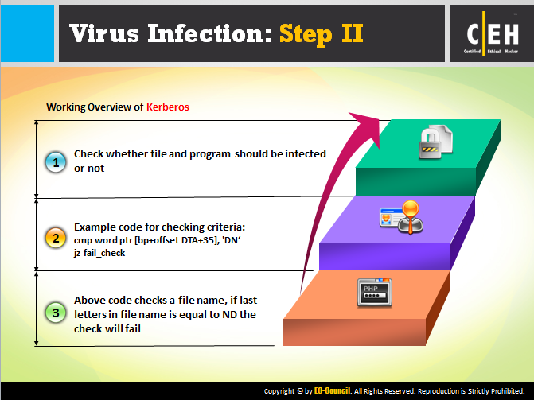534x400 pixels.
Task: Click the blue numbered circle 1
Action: (x=56, y=162)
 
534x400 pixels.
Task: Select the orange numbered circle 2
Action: (x=56, y=238)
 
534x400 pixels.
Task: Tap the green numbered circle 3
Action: (x=56, y=313)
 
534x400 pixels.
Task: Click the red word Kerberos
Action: (x=168, y=107)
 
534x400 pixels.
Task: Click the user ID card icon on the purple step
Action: (x=402, y=217)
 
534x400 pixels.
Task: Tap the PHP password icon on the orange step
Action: (x=375, y=293)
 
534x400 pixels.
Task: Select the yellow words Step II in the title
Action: (x=322, y=34)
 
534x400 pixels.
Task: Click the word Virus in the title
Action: (x=104, y=33)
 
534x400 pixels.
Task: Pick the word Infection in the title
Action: (x=209, y=33)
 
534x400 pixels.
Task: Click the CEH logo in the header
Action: (x=492, y=33)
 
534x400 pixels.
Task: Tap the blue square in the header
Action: (x=27, y=33)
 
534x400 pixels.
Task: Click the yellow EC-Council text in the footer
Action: (x=332, y=390)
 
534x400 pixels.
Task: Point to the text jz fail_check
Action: (x=99, y=253)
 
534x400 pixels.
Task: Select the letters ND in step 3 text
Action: (x=229, y=314)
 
